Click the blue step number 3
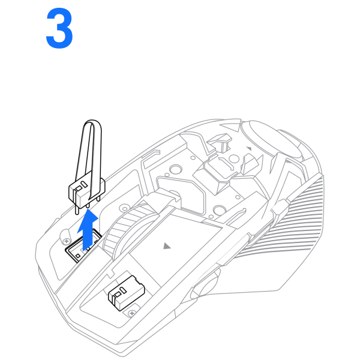[59, 28]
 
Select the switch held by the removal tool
[87, 193]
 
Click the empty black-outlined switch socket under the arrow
[83, 247]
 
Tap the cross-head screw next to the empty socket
[67, 241]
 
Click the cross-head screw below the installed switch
[132, 313]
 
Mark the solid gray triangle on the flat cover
[167, 246]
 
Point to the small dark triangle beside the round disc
[249, 149]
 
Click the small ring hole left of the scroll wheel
[125, 209]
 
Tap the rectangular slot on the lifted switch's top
[79, 188]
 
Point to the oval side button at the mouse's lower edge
[205, 284]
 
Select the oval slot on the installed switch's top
[124, 290]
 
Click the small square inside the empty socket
[78, 256]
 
